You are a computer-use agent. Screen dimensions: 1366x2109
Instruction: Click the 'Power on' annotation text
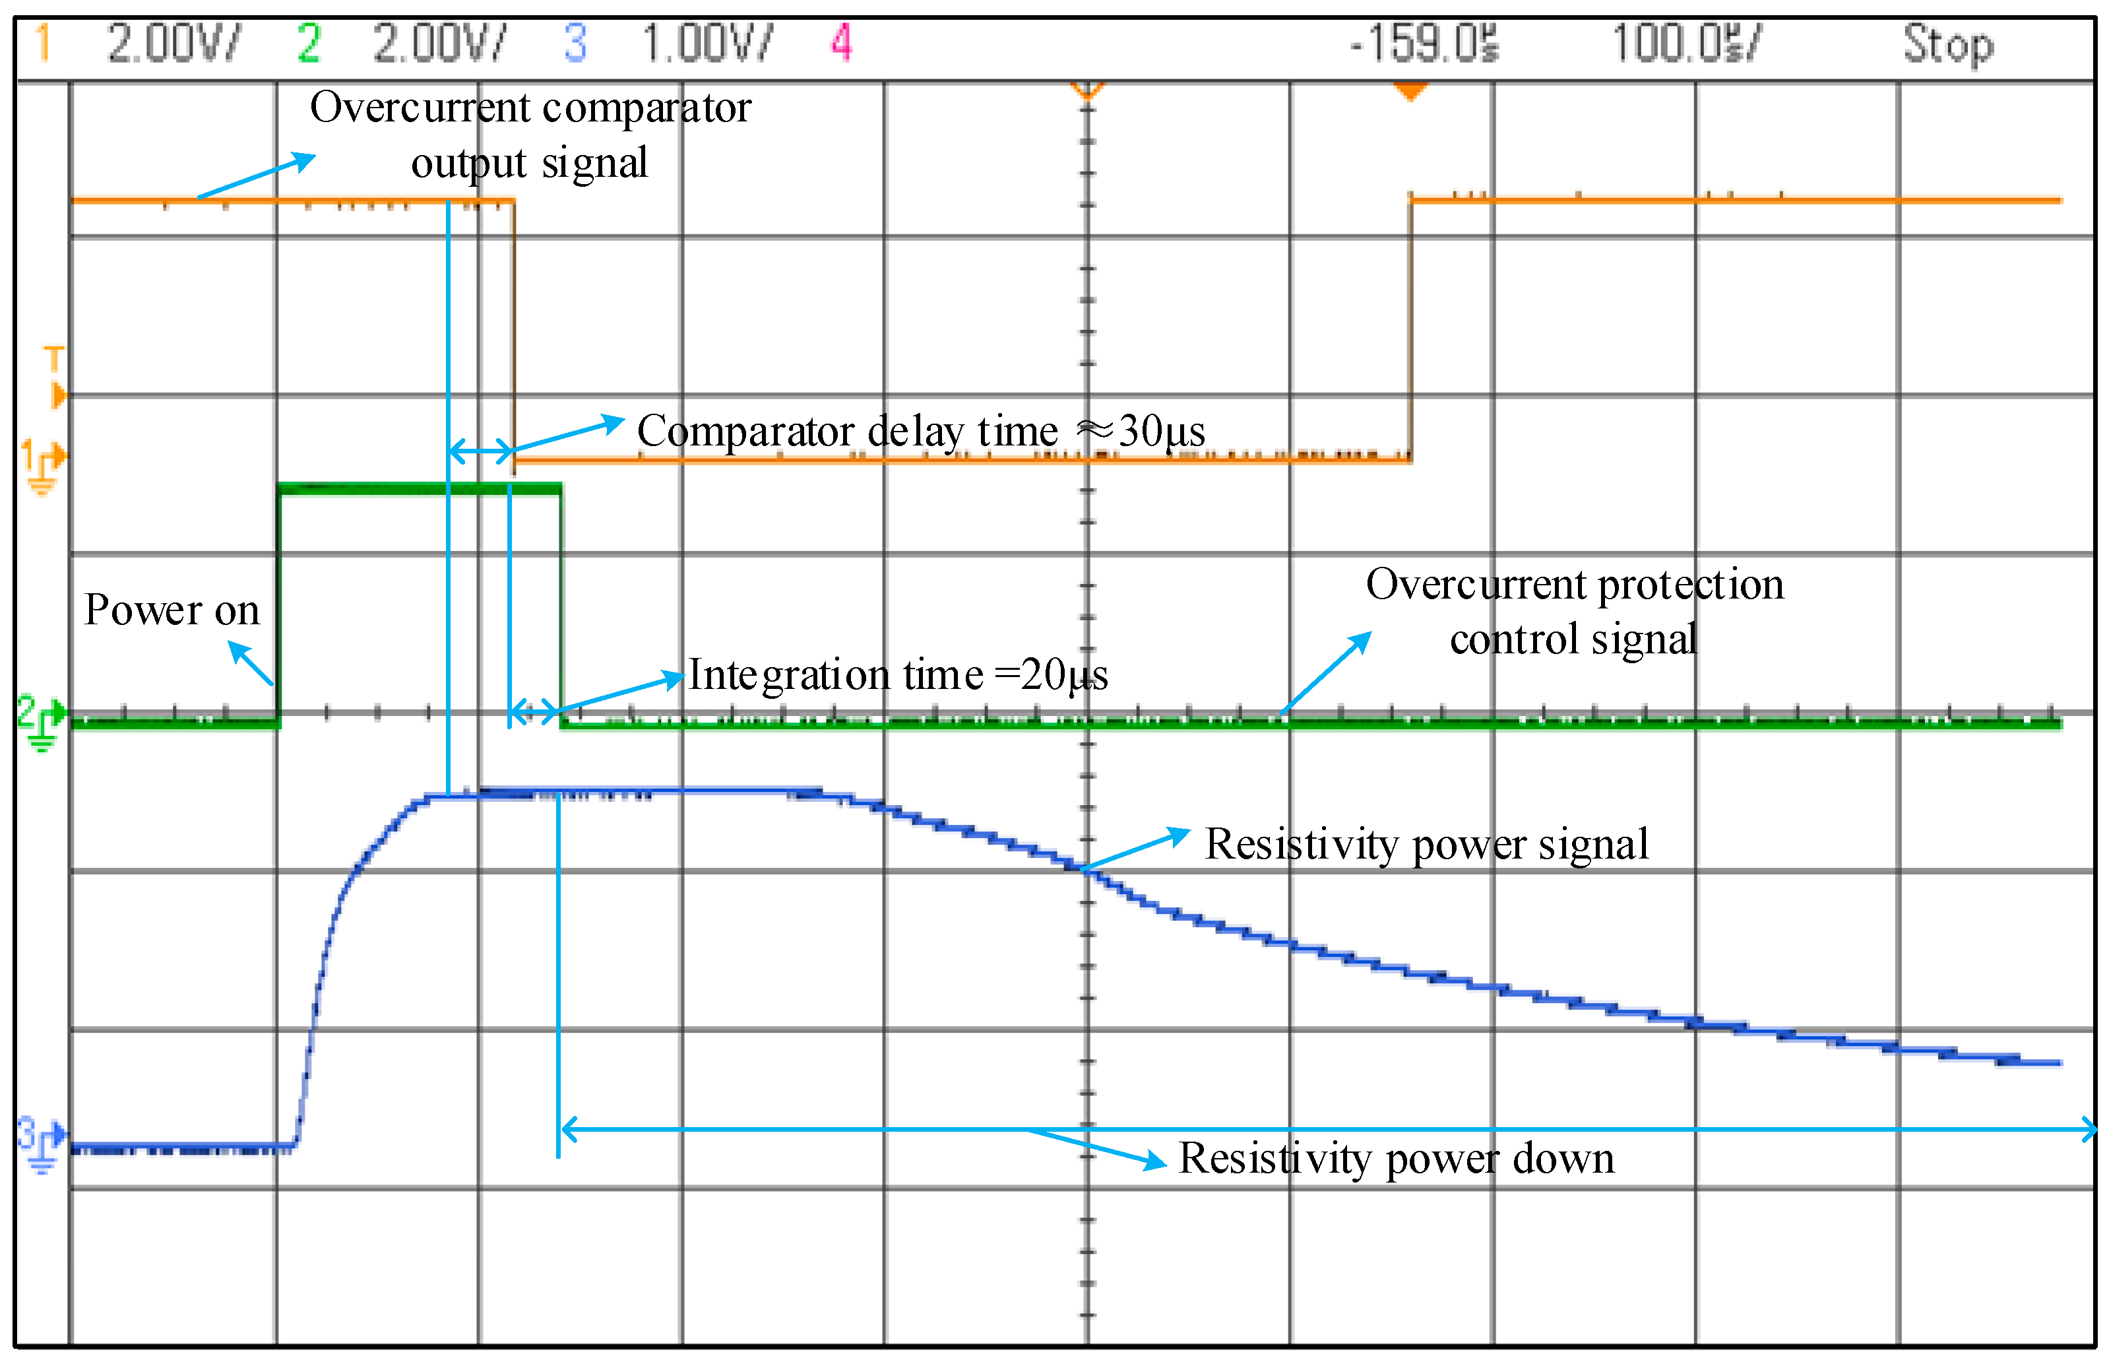click(x=172, y=610)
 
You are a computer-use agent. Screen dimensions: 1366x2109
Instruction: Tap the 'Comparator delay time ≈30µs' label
click(x=920, y=432)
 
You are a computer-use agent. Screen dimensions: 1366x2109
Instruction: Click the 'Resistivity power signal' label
click(x=1426, y=844)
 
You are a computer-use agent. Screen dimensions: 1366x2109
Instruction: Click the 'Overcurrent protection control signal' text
click(x=1574, y=612)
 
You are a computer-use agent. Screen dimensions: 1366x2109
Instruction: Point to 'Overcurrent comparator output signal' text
click(x=530, y=135)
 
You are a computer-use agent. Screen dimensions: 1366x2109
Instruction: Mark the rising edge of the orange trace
click(x=1410, y=328)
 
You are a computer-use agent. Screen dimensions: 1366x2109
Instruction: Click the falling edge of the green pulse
click(x=561, y=602)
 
